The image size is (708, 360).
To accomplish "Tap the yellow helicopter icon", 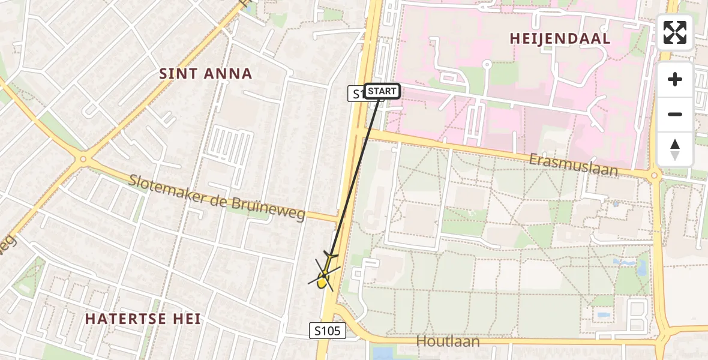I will tap(325, 275).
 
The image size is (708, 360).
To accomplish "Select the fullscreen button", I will tap(675, 32).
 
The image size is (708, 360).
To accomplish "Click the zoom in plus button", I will tap(675, 79).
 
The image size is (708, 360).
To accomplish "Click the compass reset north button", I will tap(675, 149).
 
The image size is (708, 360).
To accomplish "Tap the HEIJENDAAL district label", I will tap(560, 39).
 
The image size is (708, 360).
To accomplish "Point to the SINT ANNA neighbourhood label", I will tap(205, 74).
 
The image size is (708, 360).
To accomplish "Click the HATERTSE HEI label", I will tap(143, 319).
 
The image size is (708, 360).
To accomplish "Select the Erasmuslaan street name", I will tap(573, 164).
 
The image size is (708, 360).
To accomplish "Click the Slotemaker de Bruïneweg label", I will tap(217, 197).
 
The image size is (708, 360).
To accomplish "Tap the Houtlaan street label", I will tap(449, 341).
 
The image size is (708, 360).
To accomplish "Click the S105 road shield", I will tap(328, 331).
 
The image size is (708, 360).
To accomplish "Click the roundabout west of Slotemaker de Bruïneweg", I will tap(83, 160).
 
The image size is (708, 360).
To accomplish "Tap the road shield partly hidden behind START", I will tap(356, 94).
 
